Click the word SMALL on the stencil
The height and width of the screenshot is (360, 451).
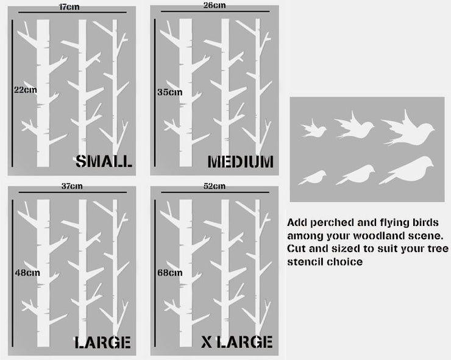pyautogui.click(x=104, y=161)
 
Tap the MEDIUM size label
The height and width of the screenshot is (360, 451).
pyautogui.click(x=241, y=161)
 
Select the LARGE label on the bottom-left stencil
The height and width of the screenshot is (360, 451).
pyautogui.click(x=102, y=342)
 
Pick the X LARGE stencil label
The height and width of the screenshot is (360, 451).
pyautogui.click(x=236, y=342)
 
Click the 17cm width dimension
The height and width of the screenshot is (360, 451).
pyautogui.click(x=69, y=7)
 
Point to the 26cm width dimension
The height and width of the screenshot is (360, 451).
pyautogui.click(x=215, y=5)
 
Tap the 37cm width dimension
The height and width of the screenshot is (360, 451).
pyautogui.click(x=72, y=186)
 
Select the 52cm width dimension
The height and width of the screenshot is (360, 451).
pyautogui.click(x=215, y=186)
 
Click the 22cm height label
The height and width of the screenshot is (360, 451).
pyautogui.click(x=26, y=90)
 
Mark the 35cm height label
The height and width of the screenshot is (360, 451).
pyautogui.click(x=169, y=93)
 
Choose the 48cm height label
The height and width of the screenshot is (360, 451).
pyautogui.click(x=27, y=272)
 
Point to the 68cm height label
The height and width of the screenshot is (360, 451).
pyautogui.click(x=169, y=272)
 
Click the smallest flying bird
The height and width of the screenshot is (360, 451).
pyautogui.click(x=314, y=129)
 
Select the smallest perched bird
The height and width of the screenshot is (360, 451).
pyautogui.click(x=313, y=178)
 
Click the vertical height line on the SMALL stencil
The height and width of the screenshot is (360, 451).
pyautogui.click(x=12, y=93)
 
